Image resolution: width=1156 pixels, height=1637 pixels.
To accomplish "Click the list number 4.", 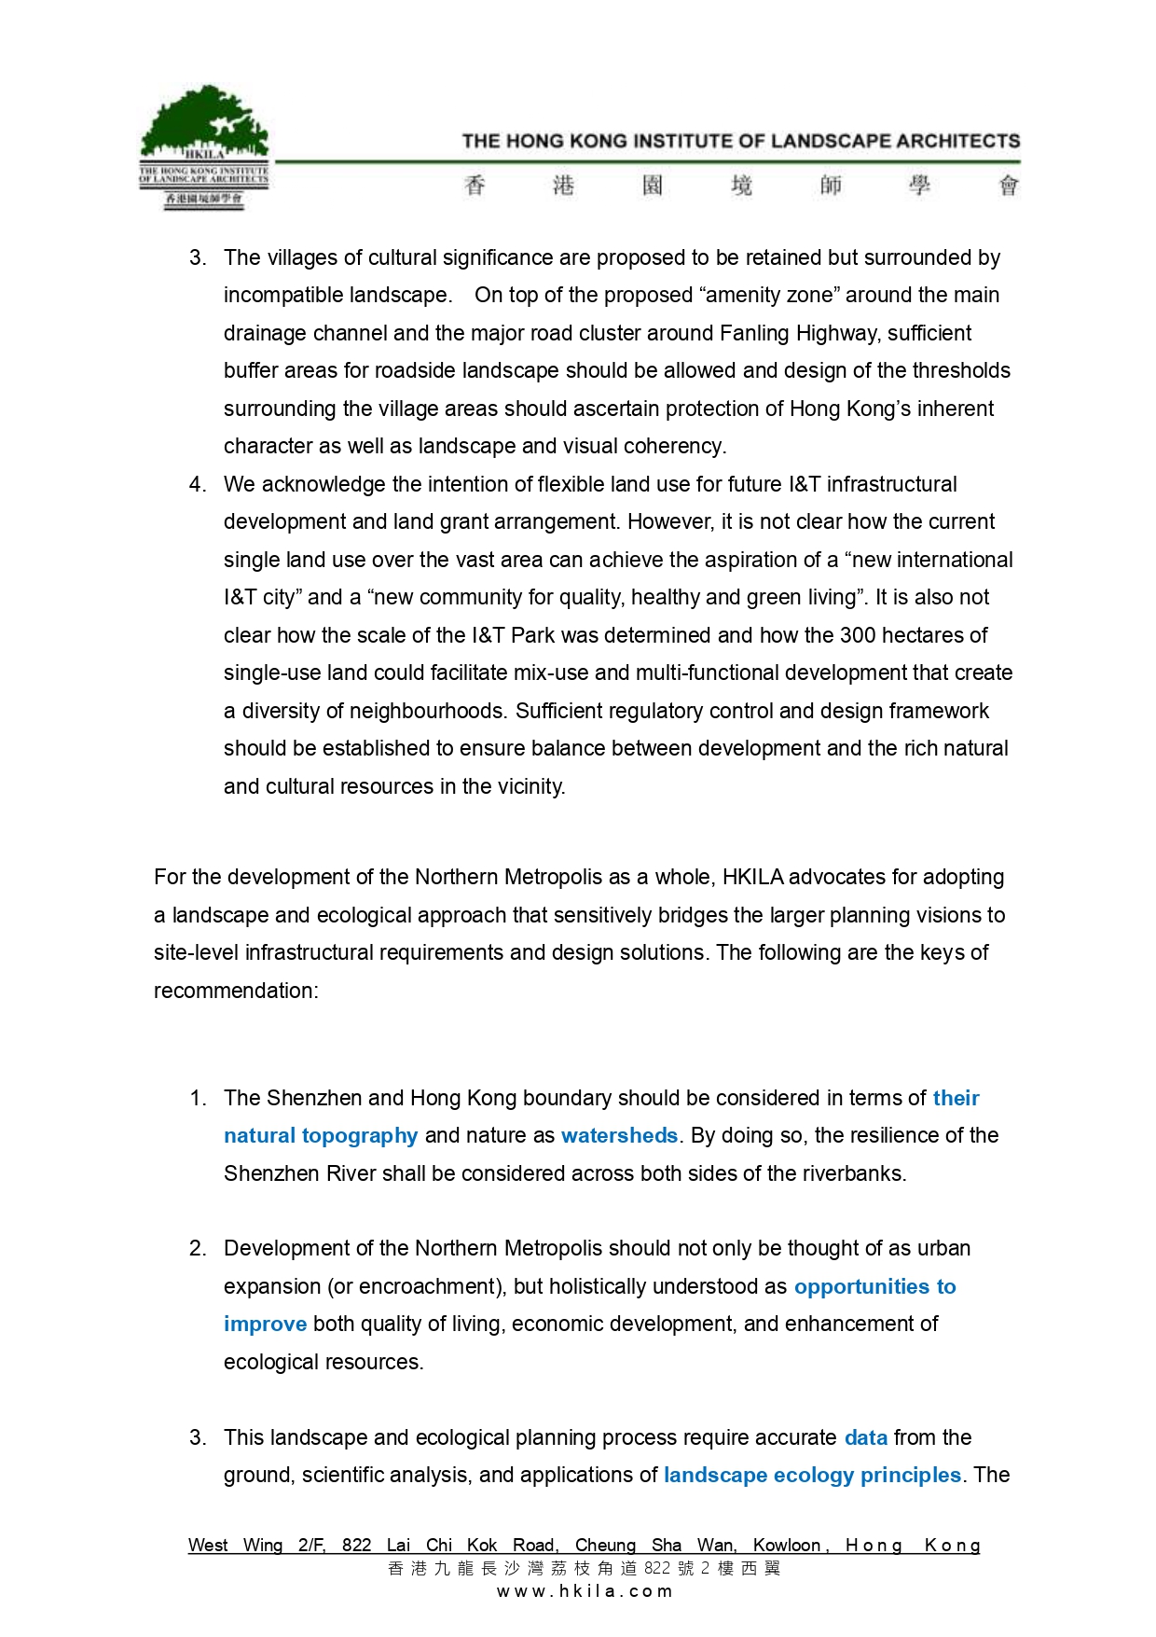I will click(196, 484).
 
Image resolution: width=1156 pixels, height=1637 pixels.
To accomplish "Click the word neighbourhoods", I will click(428, 711).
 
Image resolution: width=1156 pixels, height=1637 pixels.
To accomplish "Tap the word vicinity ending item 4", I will click(531, 786).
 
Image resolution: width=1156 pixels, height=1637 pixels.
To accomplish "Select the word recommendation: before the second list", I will click(236, 991).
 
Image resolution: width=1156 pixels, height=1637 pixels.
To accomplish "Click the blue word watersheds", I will click(619, 1135).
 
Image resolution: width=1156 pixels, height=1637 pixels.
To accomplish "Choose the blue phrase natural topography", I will click(321, 1135).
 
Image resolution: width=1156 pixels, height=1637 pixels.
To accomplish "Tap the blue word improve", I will click(265, 1324).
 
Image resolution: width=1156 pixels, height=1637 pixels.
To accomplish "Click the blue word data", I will click(865, 1437).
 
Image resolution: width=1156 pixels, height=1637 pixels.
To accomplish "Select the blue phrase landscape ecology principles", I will click(812, 1475).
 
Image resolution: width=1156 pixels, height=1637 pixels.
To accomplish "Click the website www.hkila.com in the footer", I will click(585, 1591).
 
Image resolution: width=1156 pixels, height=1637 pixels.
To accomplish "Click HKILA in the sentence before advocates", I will click(754, 877).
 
